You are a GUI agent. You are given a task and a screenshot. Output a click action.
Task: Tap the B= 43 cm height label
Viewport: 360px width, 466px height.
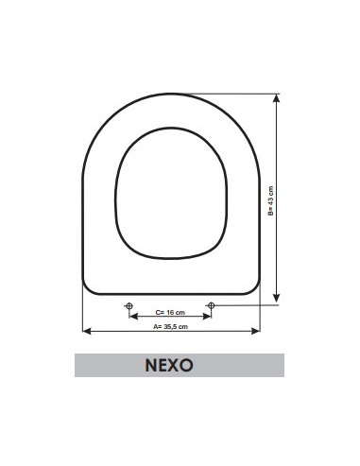click(x=268, y=200)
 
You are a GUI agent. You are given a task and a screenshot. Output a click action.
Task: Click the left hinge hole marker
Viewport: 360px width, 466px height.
click(x=129, y=304)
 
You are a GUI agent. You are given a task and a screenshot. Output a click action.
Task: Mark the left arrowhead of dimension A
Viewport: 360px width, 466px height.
click(x=86, y=331)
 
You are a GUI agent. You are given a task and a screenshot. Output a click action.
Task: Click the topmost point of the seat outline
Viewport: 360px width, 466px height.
click(x=170, y=94)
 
